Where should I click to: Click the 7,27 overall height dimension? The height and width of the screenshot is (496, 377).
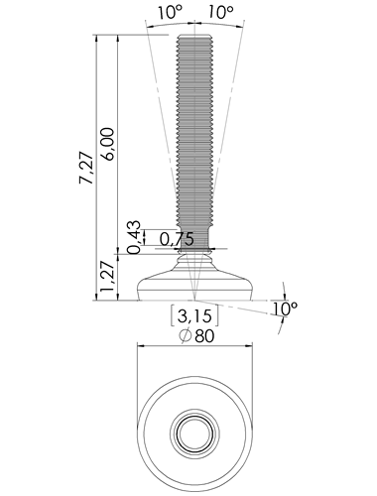[x=86, y=168]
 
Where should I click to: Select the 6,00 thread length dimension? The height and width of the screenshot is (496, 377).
[x=108, y=144]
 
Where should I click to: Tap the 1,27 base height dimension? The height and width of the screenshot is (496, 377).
[x=108, y=278]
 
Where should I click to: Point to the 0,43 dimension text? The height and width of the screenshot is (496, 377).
[x=134, y=237]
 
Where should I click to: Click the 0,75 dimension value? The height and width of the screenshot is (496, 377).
[x=177, y=239]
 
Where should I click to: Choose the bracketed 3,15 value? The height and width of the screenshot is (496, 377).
[x=194, y=315]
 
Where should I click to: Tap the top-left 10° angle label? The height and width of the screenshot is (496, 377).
[x=170, y=13]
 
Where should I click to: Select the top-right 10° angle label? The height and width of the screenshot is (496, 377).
[x=220, y=13]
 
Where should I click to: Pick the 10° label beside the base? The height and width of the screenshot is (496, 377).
[x=285, y=309]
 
